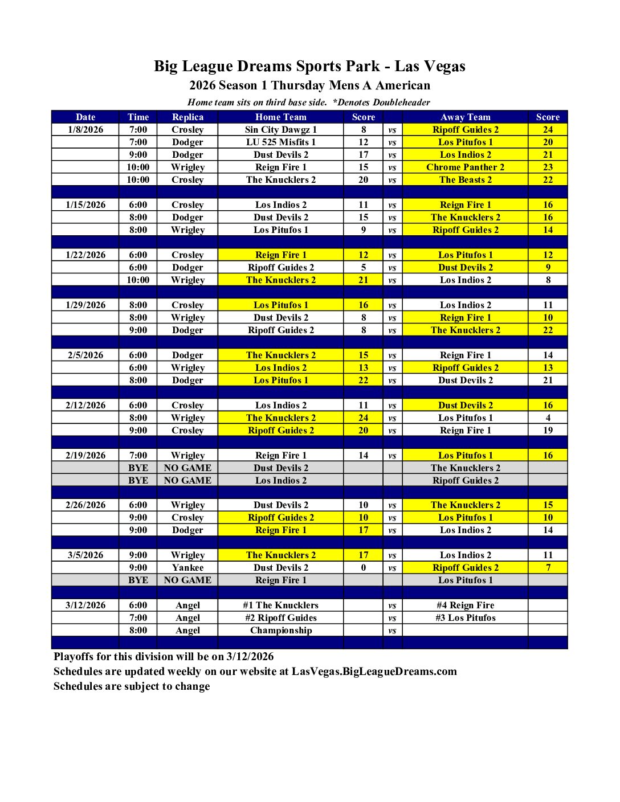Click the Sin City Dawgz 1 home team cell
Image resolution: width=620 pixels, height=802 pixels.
coord(280,130)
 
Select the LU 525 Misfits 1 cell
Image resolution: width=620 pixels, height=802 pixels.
coord(280,142)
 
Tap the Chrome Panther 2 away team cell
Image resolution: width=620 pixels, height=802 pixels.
coord(465,167)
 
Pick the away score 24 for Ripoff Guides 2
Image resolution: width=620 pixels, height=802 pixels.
coord(548,130)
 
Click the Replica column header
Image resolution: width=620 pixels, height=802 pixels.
coord(187,117)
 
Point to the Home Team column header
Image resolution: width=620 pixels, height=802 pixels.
coord(280,117)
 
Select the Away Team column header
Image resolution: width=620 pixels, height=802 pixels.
coord(465,117)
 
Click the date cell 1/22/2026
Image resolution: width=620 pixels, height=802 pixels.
coord(85,255)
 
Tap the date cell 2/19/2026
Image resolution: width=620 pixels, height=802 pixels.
coord(85,456)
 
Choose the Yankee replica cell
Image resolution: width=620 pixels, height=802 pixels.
coord(187,568)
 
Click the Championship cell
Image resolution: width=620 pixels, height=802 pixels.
coord(280,631)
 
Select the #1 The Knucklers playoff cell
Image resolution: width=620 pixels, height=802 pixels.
coord(280,605)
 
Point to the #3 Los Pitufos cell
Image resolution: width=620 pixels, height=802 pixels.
coord(465,618)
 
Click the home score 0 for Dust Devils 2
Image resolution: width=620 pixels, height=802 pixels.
coord(364,568)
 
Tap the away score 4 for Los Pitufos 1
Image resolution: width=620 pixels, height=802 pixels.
coord(548,418)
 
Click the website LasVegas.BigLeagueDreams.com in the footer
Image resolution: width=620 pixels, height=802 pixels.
coord(374,672)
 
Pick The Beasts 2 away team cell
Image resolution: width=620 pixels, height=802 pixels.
coord(465,180)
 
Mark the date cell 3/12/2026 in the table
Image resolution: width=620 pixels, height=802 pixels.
coord(85,605)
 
